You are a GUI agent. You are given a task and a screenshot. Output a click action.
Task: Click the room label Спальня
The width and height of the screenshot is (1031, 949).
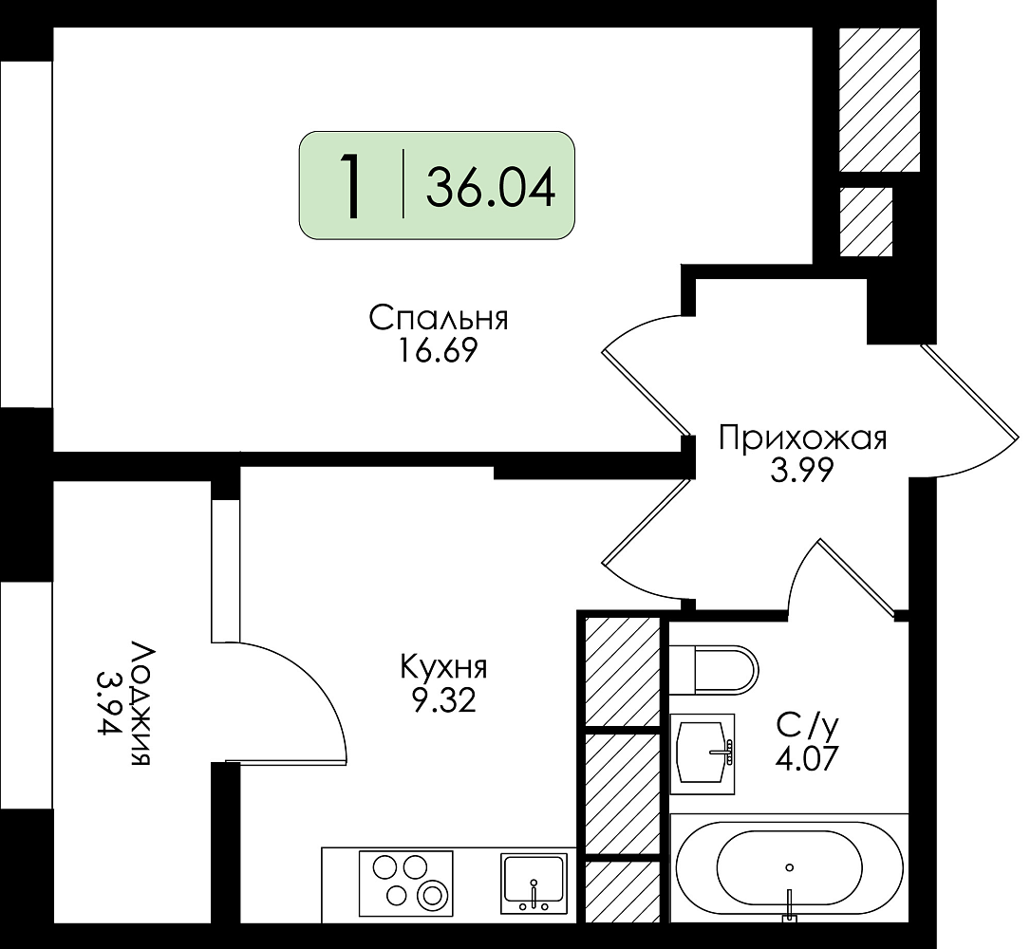pos(439,319)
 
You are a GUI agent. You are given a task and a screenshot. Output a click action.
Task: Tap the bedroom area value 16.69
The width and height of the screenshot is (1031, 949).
pos(437,351)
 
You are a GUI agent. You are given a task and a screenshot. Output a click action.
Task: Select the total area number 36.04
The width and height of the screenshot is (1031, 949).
pos(491,187)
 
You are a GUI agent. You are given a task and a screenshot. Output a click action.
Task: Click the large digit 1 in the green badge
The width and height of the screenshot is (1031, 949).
pos(353,186)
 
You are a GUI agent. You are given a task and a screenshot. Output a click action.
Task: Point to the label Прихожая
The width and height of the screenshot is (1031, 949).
pos(803,437)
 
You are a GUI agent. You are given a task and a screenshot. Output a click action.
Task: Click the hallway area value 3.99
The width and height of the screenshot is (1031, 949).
pos(802,470)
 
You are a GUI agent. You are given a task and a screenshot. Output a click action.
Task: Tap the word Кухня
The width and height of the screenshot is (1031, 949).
pos(444,668)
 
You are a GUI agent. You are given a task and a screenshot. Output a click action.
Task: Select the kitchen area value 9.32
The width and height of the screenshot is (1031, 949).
pos(443,702)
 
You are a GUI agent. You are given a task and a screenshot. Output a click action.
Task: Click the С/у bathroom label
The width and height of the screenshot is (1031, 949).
pos(808,726)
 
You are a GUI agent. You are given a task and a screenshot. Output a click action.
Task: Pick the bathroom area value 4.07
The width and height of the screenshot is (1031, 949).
pos(808,759)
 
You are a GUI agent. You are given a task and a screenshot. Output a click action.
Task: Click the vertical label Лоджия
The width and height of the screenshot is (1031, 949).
pos(141,703)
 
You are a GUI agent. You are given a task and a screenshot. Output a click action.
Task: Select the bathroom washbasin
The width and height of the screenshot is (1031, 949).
pos(703,754)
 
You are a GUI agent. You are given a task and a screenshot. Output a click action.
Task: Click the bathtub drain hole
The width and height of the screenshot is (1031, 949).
pos(789,866)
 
